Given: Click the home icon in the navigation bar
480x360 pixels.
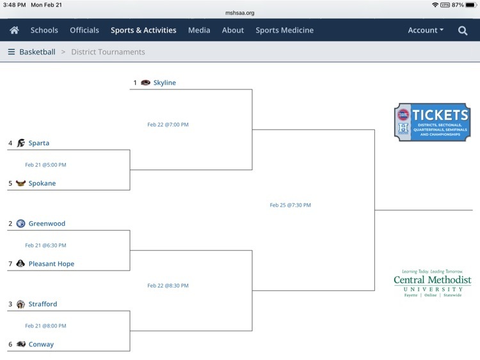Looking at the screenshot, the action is [14, 30].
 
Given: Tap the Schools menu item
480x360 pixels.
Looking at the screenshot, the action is [44, 30].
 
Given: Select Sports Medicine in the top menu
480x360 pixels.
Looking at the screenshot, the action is [284, 30].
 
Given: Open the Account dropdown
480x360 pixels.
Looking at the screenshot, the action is [426, 30].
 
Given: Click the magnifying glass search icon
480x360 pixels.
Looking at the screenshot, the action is [463, 30].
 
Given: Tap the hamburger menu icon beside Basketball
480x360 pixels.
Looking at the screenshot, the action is [12, 52].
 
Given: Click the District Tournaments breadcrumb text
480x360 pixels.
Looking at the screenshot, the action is [108, 52].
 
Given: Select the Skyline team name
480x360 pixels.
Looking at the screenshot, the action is [164, 82].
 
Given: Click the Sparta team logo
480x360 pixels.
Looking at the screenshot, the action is [21, 143].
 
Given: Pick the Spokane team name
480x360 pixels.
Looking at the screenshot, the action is [42, 184].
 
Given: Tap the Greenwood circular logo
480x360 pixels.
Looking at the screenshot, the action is [20, 224].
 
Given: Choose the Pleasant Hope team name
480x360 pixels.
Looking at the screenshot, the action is [51, 263].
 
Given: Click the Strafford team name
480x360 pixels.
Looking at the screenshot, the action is [42, 304].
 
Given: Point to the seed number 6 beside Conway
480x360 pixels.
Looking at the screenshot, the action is [10, 345].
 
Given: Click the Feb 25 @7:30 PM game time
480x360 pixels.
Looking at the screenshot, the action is [290, 205].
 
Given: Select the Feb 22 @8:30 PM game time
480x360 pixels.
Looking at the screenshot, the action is [168, 285].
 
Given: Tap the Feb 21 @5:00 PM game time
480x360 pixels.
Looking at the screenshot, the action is [45, 164].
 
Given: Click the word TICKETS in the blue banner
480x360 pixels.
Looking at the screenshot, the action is [440, 115].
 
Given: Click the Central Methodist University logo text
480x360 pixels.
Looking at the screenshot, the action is [432, 283].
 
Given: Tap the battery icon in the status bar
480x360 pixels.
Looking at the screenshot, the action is [471, 5].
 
